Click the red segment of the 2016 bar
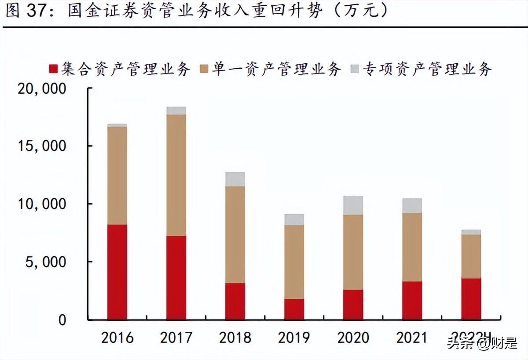(117, 272)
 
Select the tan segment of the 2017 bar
(176, 175)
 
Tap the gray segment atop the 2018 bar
(235, 179)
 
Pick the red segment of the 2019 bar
(294, 309)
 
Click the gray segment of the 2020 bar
(353, 205)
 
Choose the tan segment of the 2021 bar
(412, 247)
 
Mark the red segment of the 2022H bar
(471, 298)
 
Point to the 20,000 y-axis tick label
(42, 89)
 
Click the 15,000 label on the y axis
(42, 146)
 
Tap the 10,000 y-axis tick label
(42, 204)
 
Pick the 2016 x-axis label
(117, 338)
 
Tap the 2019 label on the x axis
(294, 338)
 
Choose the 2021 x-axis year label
(412, 338)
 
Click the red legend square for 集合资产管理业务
(53, 69)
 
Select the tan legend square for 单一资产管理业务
(204, 69)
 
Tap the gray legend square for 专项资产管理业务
(355, 69)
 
